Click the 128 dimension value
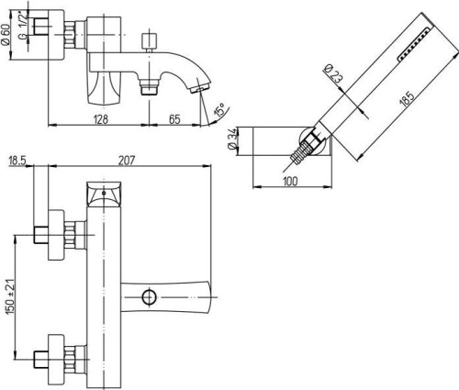pyautogui.click(x=101, y=118)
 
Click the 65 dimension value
pyautogui.click(x=174, y=119)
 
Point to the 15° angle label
pyautogui.click(x=220, y=109)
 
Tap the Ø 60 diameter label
pyautogui.click(x=6, y=35)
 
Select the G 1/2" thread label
pyautogui.click(x=24, y=27)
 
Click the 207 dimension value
pyautogui.click(x=126, y=161)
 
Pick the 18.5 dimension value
pyautogui.click(x=17, y=161)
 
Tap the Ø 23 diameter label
pyautogui.click(x=332, y=72)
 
